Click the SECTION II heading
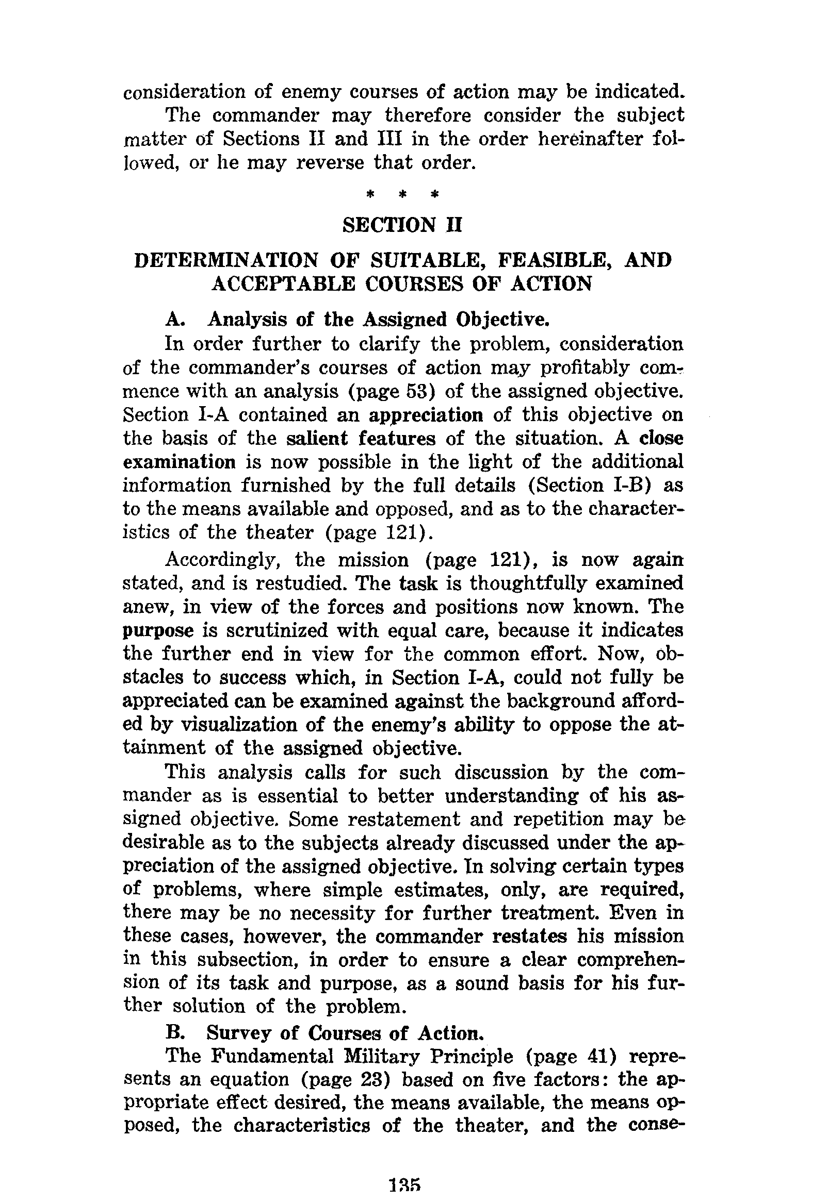pyautogui.click(x=402, y=225)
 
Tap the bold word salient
pyautogui.click(x=317, y=439)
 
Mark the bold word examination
pyautogui.click(x=179, y=462)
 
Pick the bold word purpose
pyautogui.click(x=158, y=631)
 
